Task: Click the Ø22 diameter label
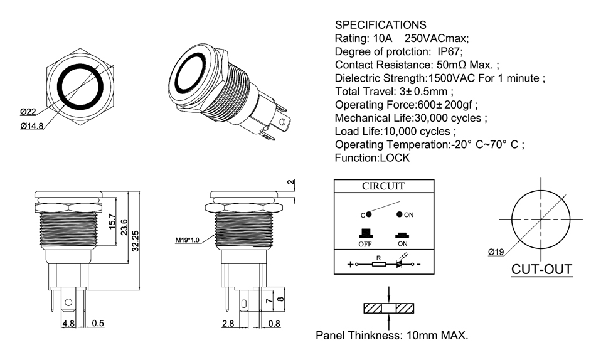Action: click(28, 112)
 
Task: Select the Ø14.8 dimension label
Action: click(32, 126)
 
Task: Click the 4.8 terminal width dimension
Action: click(68, 324)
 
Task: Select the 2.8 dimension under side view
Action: click(228, 324)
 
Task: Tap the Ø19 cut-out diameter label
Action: click(496, 251)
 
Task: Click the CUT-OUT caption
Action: click(542, 269)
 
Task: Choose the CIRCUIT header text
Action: click(383, 186)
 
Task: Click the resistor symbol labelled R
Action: click(378, 264)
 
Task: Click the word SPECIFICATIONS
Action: click(381, 25)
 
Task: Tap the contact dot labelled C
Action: click(368, 214)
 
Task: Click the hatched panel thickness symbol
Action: click(390, 309)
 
